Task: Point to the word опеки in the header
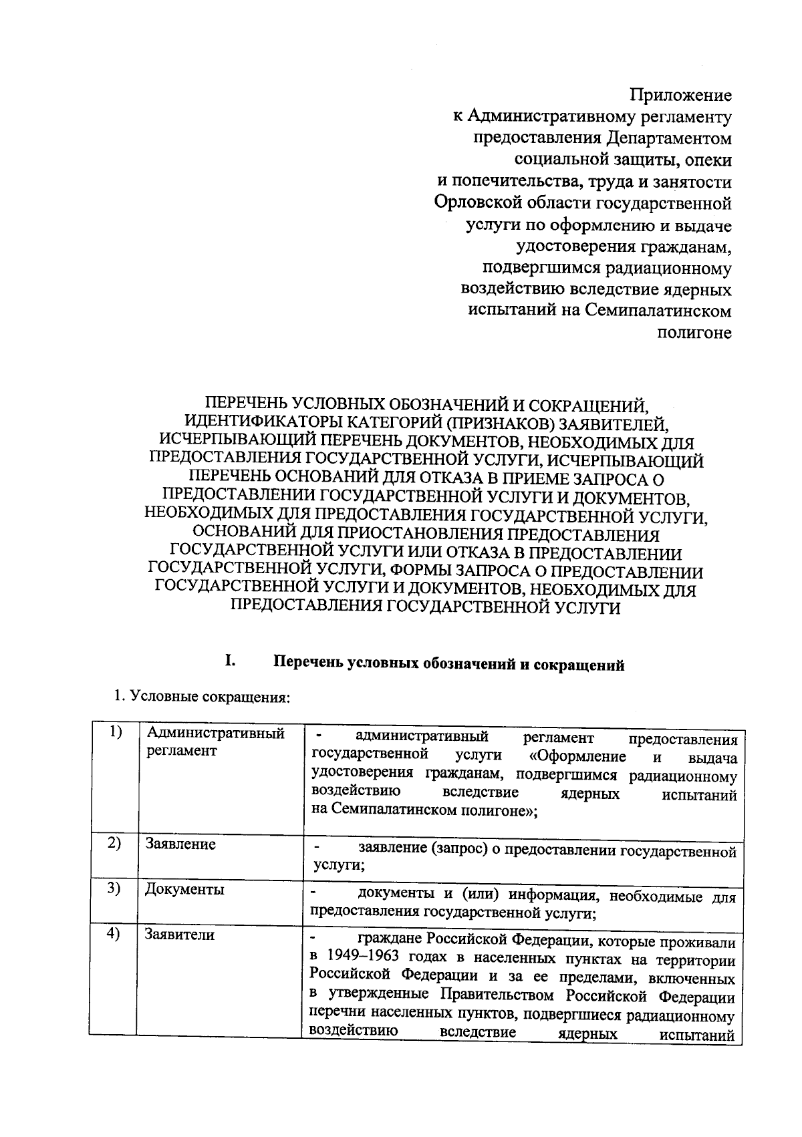point(709,160)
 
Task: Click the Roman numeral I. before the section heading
point(229,663)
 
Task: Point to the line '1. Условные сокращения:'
point(200,697)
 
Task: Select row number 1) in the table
point(114,732)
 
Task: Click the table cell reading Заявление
point(180,844)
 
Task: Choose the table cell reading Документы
point(184,890)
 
